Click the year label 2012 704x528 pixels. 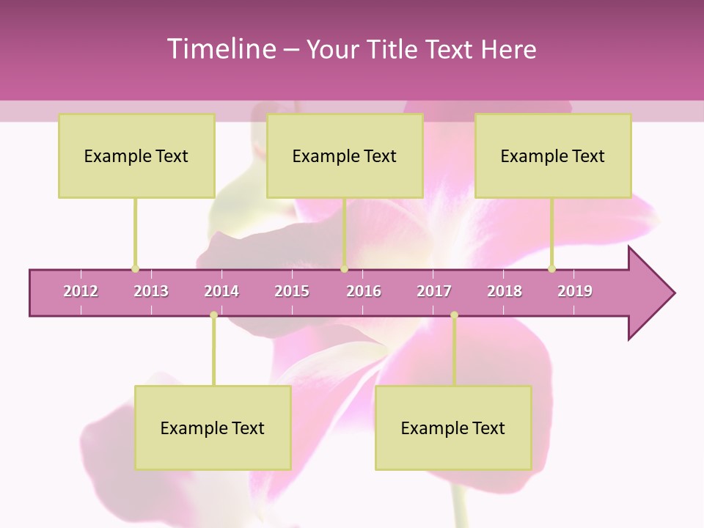[x=81, y=291]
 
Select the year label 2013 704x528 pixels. [x=151, y=291]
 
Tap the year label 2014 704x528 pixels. [x=221, y=291]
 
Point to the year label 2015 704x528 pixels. [x=292, y=291]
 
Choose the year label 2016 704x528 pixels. [x=364, y=291]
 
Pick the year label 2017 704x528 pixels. [x=434, y=291]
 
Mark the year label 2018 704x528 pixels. [x=505, y=291]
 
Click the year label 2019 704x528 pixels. [x=575, y=291]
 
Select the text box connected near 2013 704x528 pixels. [x=136, y=155]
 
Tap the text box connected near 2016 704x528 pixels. [x=345, y=155]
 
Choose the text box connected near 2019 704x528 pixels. [x=553, y=155]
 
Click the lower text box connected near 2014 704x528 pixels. [x=213, y=428]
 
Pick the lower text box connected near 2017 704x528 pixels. [x=453, y=428]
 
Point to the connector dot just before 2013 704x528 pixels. [x=135, y=268]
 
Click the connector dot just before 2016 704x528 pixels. [x=344, y=268]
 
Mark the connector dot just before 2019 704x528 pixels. [x=551, y=268]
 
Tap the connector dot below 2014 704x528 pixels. [x=213, y=315]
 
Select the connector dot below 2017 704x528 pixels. [x=454, y=315]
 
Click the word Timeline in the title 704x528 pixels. [x=220, y=49]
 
